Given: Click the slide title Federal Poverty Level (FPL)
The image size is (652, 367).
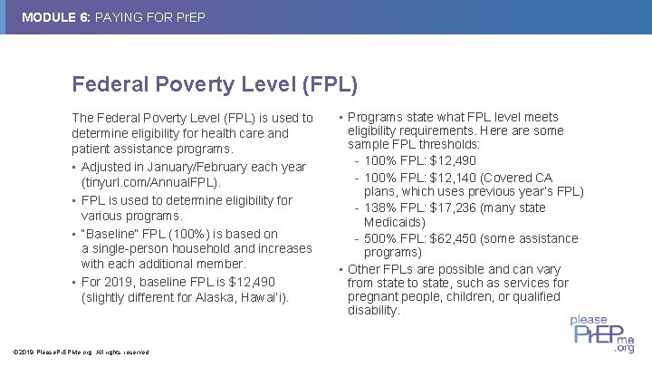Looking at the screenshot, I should pyautogui.click(x=215, y=84).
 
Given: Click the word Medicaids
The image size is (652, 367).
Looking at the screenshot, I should pyautogui.click(x=395, y=222).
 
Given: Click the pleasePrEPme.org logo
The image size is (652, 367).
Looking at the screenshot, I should pyautogui.click(x=601, y=333).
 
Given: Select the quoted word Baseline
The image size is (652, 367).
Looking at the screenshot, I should pyautogui.click(x=113, y=233).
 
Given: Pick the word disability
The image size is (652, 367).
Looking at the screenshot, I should pyautogui.click(x=373, y=310).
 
